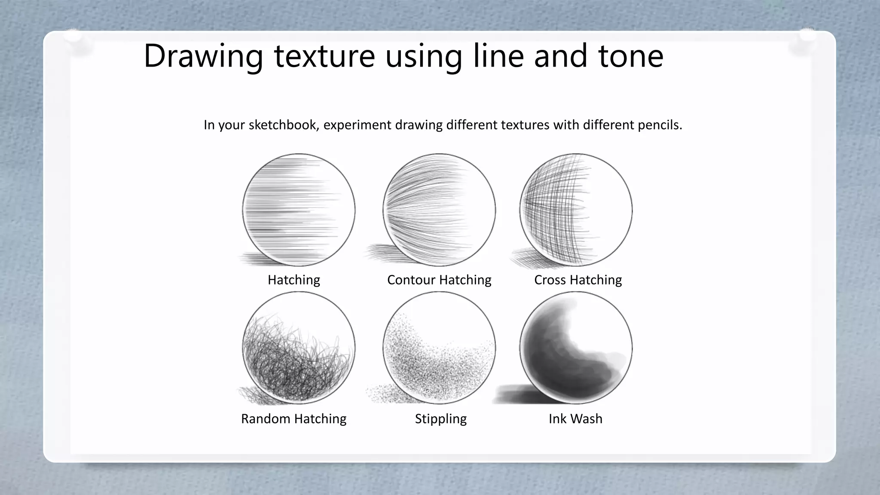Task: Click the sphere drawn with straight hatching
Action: pos(299,210)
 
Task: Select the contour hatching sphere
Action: pos(439,210)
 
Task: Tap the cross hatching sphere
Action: pos(576,210)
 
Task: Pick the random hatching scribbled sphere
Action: pos(299,348)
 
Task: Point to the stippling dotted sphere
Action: pos(439,348)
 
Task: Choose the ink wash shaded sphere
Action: pos(576,348)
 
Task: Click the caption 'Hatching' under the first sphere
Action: pos(294,280)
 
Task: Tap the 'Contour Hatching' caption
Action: pos(439,280)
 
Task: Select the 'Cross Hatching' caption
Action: pos(578,280)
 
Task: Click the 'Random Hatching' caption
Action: pos(294,419)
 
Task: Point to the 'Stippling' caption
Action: pos(441,419)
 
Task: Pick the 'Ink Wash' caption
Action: pos(575,419)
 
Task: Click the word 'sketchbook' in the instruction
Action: pos(284,125)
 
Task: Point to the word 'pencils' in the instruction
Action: pos(659,125)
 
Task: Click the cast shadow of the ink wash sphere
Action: pos(513,394)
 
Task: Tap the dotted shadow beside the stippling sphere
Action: pos(380,394)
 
